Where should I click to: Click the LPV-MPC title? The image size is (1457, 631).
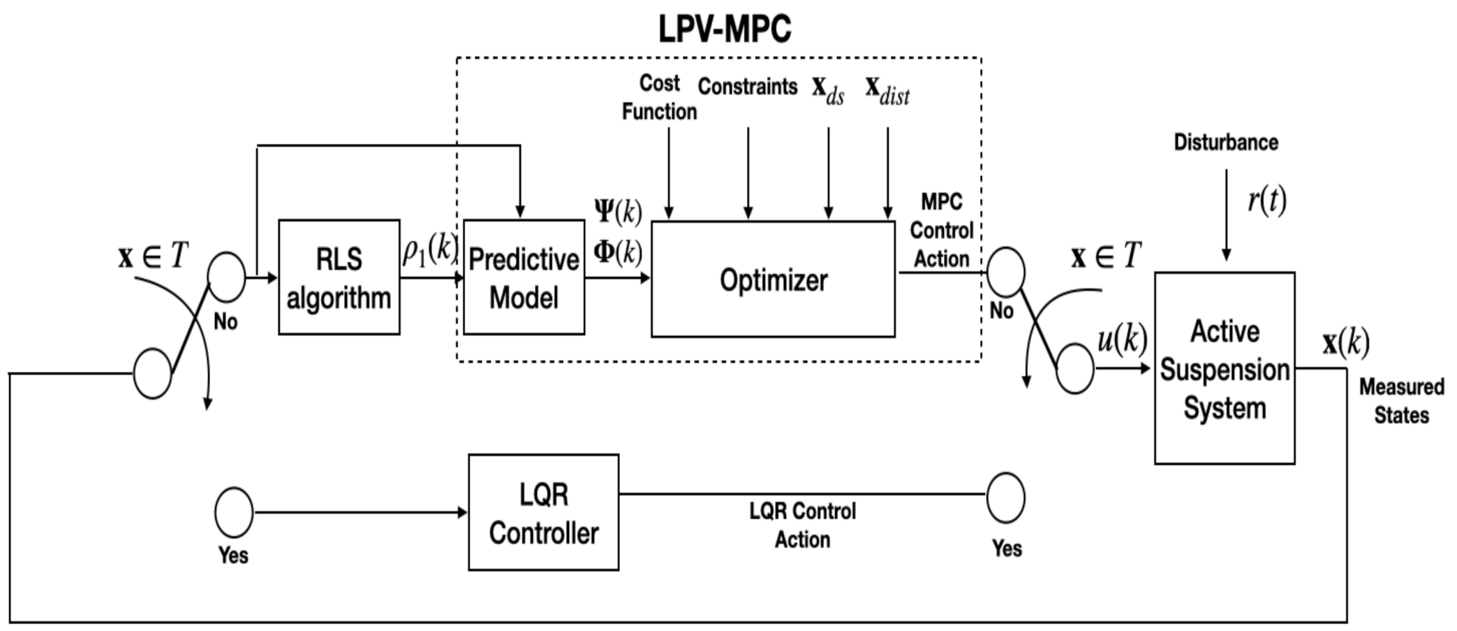724,29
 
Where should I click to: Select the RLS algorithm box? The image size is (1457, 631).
339,277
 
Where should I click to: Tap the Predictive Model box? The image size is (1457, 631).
524,277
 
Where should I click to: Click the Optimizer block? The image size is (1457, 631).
773,280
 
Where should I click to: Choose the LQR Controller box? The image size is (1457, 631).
543,512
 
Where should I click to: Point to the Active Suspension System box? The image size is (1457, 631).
1224,368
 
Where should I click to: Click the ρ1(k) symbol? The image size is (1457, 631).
429,249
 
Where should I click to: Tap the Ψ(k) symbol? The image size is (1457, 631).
618,210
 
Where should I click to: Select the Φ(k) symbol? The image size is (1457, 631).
618,252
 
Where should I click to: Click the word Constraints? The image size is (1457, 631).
747,87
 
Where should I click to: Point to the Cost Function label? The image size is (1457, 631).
659,97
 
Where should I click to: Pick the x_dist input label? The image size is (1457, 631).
887,90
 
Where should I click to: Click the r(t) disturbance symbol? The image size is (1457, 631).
1266,201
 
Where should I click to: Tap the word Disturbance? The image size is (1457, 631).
1225,143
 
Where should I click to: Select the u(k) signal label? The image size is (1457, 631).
1122,340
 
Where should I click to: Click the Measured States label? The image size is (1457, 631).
1401,400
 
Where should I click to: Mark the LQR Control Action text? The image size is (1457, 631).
802,525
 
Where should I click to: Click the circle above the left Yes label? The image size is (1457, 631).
233,512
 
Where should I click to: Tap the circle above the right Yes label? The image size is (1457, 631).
1005,498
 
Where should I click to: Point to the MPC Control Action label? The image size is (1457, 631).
941,230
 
